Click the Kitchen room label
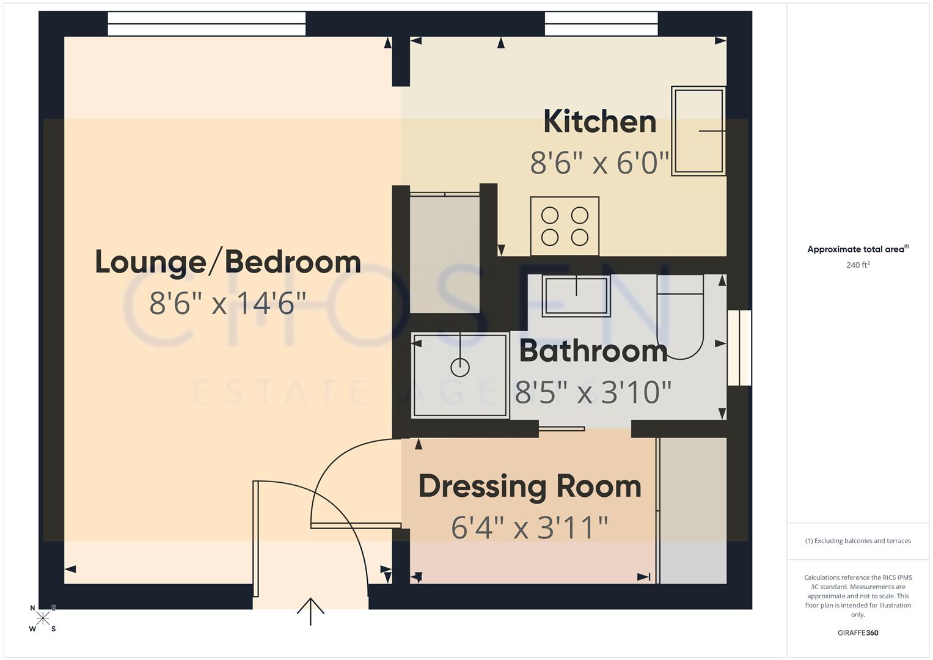click(599, 122)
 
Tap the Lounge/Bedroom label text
click(228, 262)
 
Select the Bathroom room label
click(593, 351)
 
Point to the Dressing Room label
click(530, 486)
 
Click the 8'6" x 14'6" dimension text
click(228, 302)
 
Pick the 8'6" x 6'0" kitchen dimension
click(599, 163)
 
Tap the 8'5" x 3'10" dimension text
click(593, 392)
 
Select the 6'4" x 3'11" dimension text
click(530, 527)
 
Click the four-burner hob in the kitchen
click(565, 226)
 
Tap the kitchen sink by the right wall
click(698, 131)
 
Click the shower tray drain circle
click(459, 368)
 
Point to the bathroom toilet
click(679, 318)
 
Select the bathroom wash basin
click(576, 296)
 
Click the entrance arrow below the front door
click(310, 610)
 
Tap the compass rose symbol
click(43, 618)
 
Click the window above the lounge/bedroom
click(207, 24)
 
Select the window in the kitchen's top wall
click(601, 24)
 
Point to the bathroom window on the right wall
click(739, 348)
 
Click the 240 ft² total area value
click(857, 265)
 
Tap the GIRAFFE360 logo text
click(857, 632)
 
